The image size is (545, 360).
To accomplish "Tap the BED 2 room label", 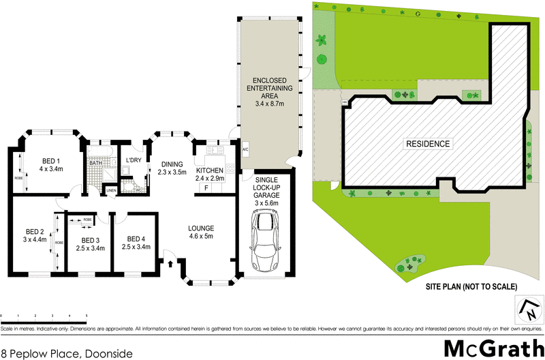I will coord(34,235).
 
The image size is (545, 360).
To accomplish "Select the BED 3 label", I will coord(91,244).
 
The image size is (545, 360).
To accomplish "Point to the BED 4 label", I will coord(136,243).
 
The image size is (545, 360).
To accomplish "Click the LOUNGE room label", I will coord(202,232).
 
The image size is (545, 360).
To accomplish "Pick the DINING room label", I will coord(172,168).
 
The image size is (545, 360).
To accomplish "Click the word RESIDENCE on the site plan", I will coord(428,144).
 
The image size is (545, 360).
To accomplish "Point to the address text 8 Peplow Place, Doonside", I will coord(66,353).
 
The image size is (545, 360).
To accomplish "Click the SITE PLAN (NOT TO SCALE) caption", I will coord(472,286).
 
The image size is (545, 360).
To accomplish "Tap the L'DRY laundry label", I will coord(134,160).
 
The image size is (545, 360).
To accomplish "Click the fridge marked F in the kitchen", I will coord(205,187).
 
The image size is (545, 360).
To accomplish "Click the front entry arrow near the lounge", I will coord(170,262).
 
